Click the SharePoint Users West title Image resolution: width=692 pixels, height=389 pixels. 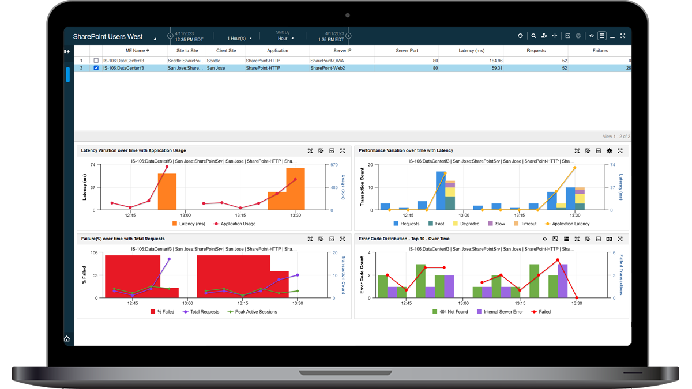pos(108,37)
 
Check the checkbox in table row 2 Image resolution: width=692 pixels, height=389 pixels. pos(96,68)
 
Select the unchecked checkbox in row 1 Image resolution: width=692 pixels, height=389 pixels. pos(96,61)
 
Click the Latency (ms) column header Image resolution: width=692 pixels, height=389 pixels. pos(471,51)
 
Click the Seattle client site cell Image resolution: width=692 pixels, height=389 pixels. pos(214,61)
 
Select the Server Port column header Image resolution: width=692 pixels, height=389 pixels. pos(407,51)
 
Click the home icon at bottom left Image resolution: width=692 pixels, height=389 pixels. pos(67,339)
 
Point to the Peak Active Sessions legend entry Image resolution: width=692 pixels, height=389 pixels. pos(255,312)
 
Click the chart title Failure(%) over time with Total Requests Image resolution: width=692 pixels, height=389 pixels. pos(123,239)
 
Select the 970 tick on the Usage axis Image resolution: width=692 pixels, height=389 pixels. pos(334,165)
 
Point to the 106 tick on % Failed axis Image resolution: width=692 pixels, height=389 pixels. pos(93,253)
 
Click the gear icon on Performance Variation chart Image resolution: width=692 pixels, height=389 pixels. pos(610,151)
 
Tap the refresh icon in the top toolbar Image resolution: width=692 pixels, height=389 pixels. pos(520,36)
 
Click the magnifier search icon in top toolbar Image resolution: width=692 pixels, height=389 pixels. pos(533,36)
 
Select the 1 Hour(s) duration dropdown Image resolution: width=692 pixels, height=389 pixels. pos(239,39)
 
